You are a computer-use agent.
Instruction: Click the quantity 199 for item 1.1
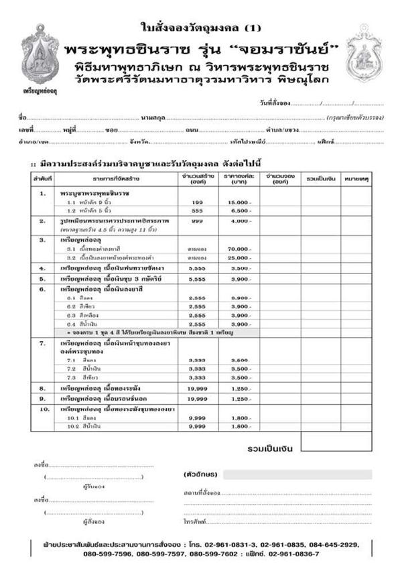[x=197, y=202]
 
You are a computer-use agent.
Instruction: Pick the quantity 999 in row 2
[x=197, y=220]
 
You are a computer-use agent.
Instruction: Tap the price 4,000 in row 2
[x=239, y=220]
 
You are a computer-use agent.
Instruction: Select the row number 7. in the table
[x=42, y=342]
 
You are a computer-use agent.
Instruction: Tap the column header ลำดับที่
[x=42, y=180]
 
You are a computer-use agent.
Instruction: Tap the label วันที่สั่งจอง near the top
[x=275, y=103]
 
